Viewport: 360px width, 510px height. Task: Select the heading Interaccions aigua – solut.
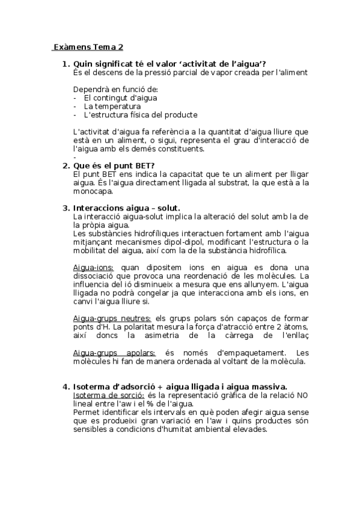tap(126, 207)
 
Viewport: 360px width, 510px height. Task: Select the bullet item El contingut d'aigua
tap(121, 97)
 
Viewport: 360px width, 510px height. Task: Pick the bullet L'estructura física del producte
tap(141, 114)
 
